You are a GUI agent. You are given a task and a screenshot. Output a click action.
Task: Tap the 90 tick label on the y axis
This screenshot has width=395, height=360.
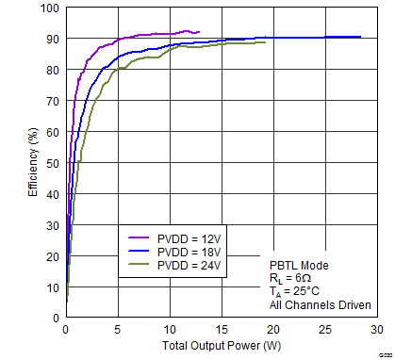[52, 40]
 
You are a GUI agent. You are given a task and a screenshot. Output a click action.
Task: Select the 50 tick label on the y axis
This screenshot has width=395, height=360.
[52, 163]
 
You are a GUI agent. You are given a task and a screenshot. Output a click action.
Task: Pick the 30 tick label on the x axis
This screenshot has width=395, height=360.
[376, 330]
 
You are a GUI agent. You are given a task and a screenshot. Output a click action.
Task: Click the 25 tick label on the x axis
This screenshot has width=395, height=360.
[324, 330]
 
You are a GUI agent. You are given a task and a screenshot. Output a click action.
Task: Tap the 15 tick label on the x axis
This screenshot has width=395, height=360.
[221, 330]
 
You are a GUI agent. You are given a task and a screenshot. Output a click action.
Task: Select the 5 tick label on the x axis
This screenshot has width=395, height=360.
[117, 330]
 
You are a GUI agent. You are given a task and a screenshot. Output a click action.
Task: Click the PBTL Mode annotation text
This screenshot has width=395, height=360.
[299, 266]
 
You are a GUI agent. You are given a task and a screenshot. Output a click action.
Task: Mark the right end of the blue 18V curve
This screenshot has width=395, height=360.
[360, 37]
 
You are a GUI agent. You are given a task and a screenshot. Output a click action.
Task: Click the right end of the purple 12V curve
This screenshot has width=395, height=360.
[199, 32]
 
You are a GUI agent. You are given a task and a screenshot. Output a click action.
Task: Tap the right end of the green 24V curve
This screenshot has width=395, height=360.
[265, 41]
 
